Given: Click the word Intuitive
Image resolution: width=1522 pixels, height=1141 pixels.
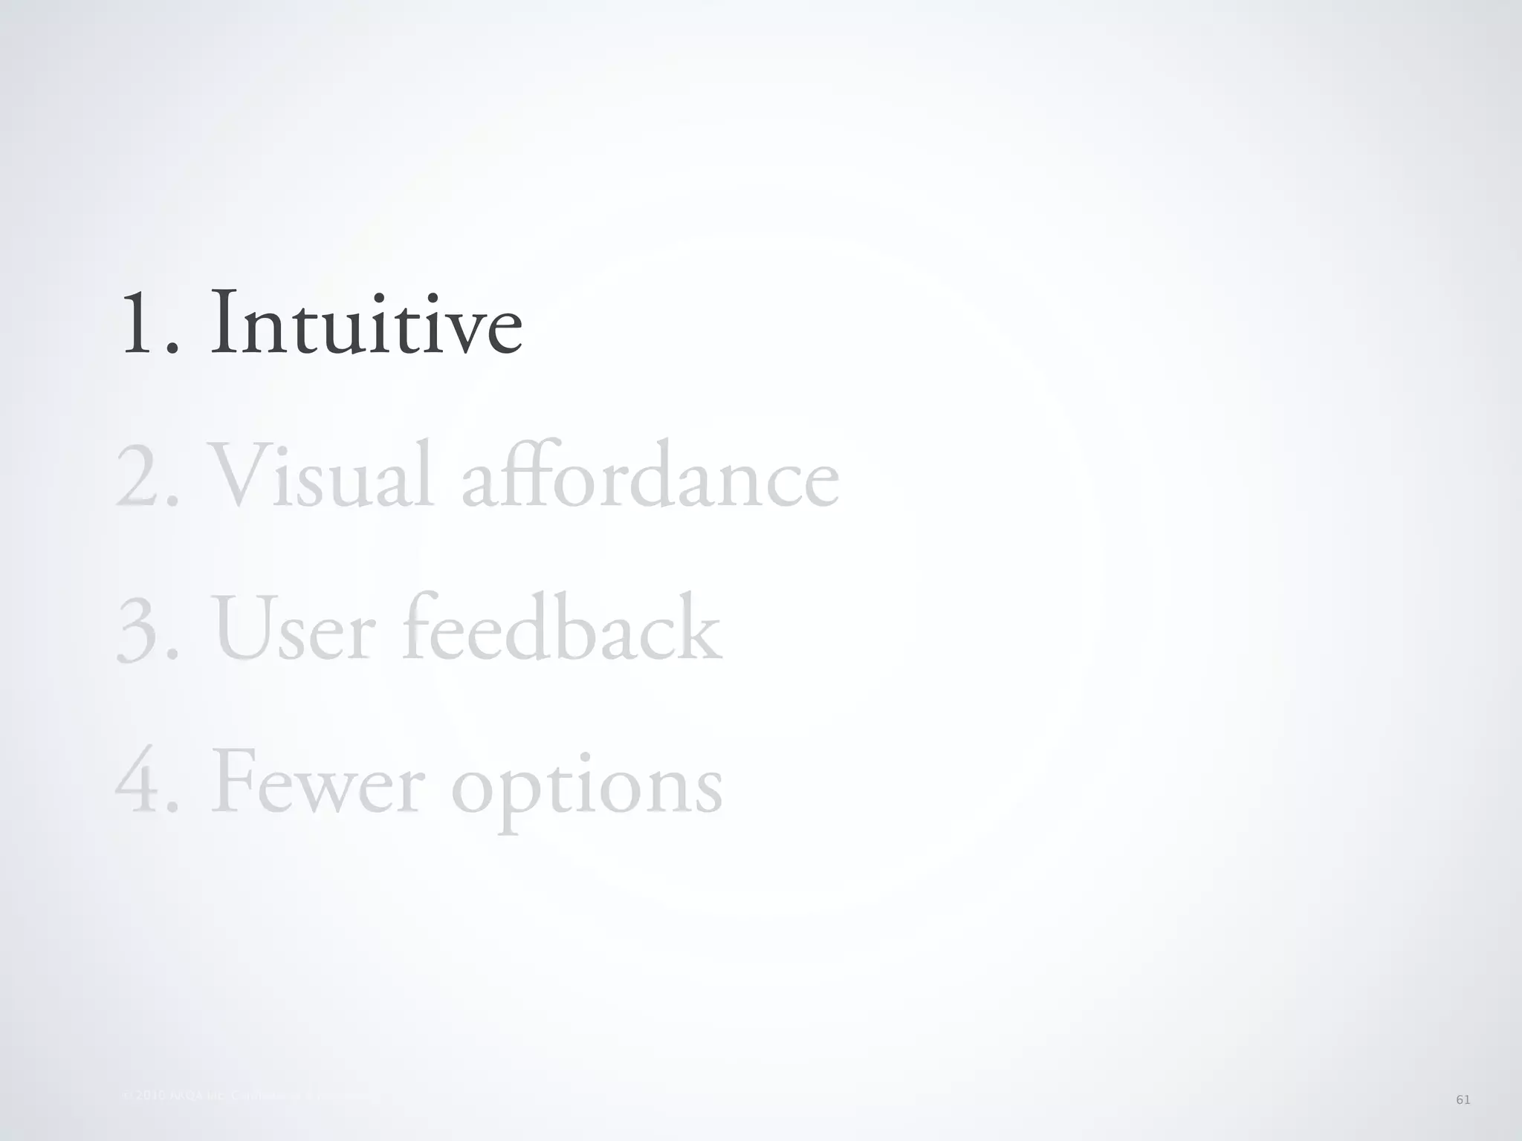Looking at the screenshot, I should pyautogui.click(x=366, y=324).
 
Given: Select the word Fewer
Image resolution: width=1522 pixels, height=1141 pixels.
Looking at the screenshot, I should pyautogui.click(x=320, y=784).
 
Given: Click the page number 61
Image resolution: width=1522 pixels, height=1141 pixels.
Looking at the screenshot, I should pyautogui.click(x=1463, y=1099).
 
